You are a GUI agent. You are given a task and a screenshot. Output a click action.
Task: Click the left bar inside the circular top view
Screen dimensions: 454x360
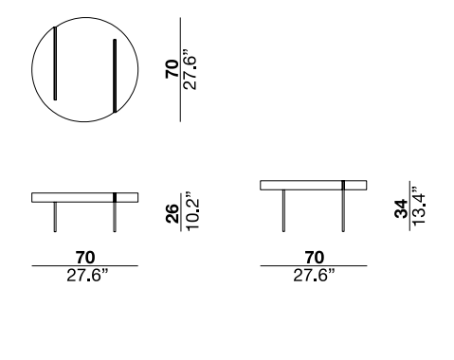tap(55, 63)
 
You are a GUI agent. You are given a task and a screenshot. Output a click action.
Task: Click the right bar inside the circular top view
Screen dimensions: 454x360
tap(115, 76)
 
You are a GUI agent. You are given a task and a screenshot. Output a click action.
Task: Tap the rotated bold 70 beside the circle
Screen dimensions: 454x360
tap(173, 69)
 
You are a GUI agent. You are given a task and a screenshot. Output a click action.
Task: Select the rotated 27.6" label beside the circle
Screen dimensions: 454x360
tap(191, 69)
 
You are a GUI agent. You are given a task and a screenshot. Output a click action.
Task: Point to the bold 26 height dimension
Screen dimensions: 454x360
tap(173, 214)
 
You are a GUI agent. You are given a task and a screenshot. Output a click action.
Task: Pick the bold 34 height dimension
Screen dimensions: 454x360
tap(401, 208)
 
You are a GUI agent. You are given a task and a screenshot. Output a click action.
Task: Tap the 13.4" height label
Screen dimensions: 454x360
tap(419, 206)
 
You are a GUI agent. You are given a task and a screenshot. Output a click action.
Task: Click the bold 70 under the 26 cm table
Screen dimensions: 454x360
tap(85, 258)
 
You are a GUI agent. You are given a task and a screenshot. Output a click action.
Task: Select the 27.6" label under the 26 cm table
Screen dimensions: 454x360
tap(87, 276)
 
